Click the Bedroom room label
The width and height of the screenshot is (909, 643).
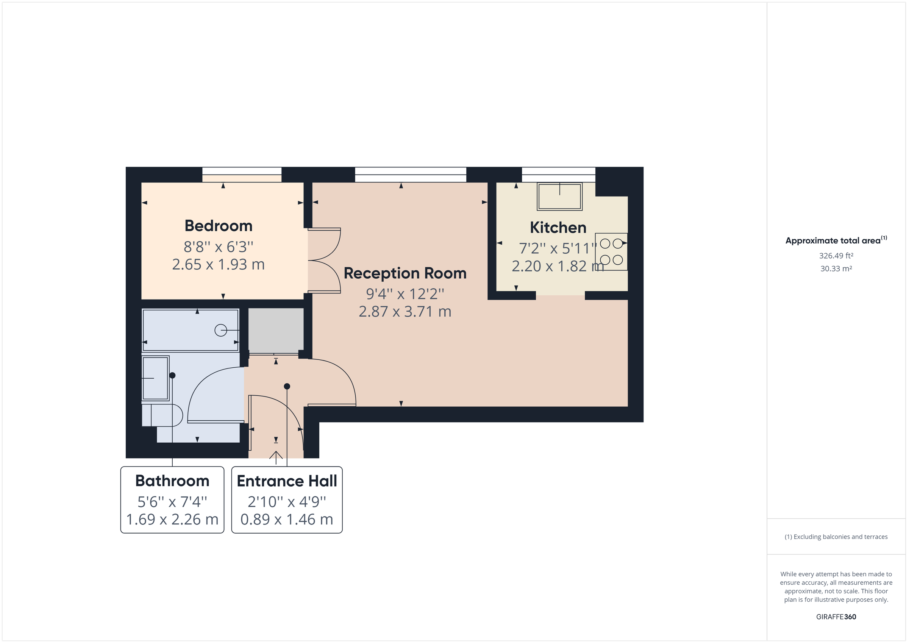(x=218, y=226)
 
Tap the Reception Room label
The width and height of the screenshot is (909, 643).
(x=405, y=273)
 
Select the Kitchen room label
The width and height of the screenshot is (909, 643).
(x=558, y=228)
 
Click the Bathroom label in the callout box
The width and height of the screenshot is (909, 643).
(x=172, y=481)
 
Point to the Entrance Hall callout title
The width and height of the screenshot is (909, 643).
(x=287, y=481)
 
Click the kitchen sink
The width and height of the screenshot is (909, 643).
(x=559, y=197)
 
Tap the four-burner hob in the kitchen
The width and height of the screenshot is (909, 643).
(x=611, y=252)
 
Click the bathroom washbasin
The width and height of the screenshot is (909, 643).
(x=155, y=379)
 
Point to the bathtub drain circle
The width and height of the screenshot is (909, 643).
(x=220, y=330)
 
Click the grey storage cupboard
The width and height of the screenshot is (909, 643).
(x=276, y=330)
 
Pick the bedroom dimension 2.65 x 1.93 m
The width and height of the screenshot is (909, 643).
(x=218, y=264)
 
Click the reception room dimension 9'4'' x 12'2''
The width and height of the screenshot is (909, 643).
(x=405, y=294)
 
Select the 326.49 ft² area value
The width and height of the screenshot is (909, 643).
(x=836, y=256)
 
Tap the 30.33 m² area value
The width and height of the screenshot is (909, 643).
(x=836, y=268)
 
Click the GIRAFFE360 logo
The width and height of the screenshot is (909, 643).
(x=836, y=616)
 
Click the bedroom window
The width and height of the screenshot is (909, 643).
(x=242, y=174)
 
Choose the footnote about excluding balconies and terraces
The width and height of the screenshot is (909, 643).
(x=836, y=537)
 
